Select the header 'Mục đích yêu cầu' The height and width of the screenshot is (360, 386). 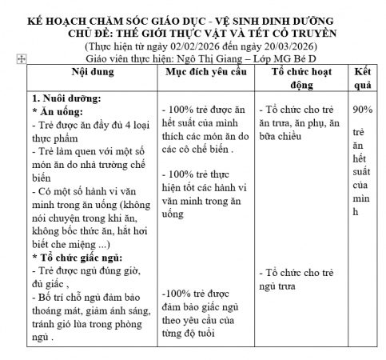[204, 71]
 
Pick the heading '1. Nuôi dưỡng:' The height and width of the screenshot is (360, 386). [65, 98]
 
